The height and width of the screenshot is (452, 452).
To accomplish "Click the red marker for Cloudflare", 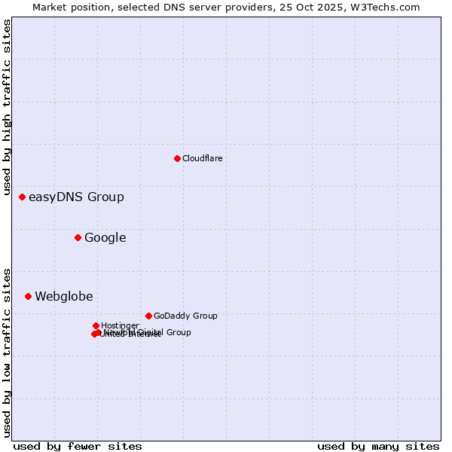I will click(x=177, y=158).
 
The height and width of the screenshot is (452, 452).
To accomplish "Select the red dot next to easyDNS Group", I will click(x=22, y=197).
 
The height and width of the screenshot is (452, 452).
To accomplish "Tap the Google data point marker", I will click(x=78, y=237).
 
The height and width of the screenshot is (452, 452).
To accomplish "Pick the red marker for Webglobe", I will click(x=28, y=296).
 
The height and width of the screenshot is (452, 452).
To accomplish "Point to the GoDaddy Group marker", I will click(x=148, y=316).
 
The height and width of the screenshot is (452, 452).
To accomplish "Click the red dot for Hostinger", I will click(x=96, y=325).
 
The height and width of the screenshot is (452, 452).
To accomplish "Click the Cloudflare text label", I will click(x=202, y=158).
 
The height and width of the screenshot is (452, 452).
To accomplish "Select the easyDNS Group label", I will click(x=76, y=197).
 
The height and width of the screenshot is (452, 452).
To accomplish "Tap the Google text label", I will click(x=105, y=238).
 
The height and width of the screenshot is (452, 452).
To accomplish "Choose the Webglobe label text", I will click(x=64, y=297).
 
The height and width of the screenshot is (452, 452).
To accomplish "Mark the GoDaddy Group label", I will click(x=185, y=316).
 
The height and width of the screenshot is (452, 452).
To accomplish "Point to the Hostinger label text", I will click(x=120, y=325).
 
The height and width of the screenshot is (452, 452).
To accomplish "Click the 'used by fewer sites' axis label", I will click(x=78, y=446).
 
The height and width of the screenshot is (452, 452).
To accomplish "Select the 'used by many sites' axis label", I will click(x=378, y=446).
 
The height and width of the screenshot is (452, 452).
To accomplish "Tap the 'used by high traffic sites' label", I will click(x=7, y=102).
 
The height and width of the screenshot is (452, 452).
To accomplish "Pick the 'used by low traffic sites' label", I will click(x=7, y=352).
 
